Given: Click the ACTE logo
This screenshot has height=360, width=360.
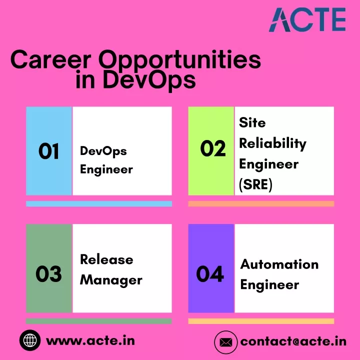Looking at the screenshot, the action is (307, 19).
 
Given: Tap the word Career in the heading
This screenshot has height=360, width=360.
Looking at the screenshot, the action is (50, 59).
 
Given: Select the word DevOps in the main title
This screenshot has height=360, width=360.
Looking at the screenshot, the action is (149, 80).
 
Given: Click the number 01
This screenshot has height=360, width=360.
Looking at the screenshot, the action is (48, 151).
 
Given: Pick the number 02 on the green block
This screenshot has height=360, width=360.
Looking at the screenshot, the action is (213, 148).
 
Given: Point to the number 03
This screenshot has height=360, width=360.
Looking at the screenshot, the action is (48, 273).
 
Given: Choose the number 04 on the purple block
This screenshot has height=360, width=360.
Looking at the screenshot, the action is (210, 273).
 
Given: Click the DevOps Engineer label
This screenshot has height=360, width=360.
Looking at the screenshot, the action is (106, 160).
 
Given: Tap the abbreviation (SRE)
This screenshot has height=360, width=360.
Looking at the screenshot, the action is (255, 184).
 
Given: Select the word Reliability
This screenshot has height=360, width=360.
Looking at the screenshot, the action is (273, 143).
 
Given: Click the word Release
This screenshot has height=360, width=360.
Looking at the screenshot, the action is (106, 259).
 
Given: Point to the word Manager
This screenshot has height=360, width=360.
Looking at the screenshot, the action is (111, 280).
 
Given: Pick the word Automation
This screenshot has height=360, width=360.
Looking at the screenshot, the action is (279, 264).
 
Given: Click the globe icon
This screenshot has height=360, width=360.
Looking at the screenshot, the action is (30, 340).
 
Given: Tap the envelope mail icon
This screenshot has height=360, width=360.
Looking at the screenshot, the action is (225, 342).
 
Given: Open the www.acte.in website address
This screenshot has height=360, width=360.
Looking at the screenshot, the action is (90, 340).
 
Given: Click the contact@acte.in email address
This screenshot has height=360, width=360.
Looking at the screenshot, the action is (293, 341).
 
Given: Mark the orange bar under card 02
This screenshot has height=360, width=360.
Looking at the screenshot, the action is (261, 203).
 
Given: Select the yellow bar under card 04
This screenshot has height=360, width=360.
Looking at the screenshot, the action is (261, 321).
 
